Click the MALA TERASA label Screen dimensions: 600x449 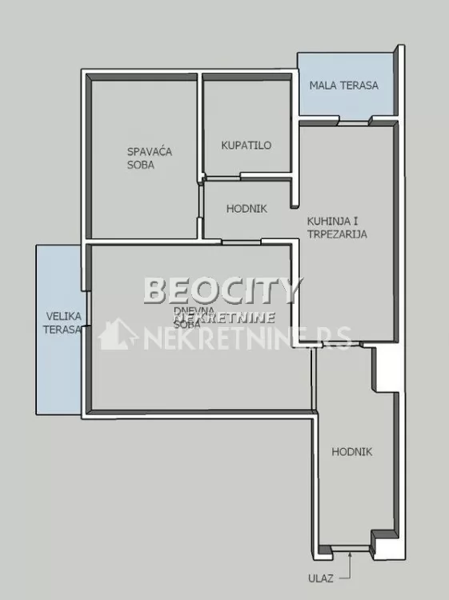point(344,86)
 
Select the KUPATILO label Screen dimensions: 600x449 point(247,146)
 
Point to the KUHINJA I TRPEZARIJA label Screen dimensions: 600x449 point(337,228)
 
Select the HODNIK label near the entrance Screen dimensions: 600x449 point(352,452)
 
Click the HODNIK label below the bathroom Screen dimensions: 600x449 point(247,209)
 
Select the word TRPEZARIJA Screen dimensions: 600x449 point(337,234)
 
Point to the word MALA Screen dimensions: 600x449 point(324,86)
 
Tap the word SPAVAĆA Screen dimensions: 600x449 point(150,151)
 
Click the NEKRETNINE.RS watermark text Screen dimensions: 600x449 point(248,338)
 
